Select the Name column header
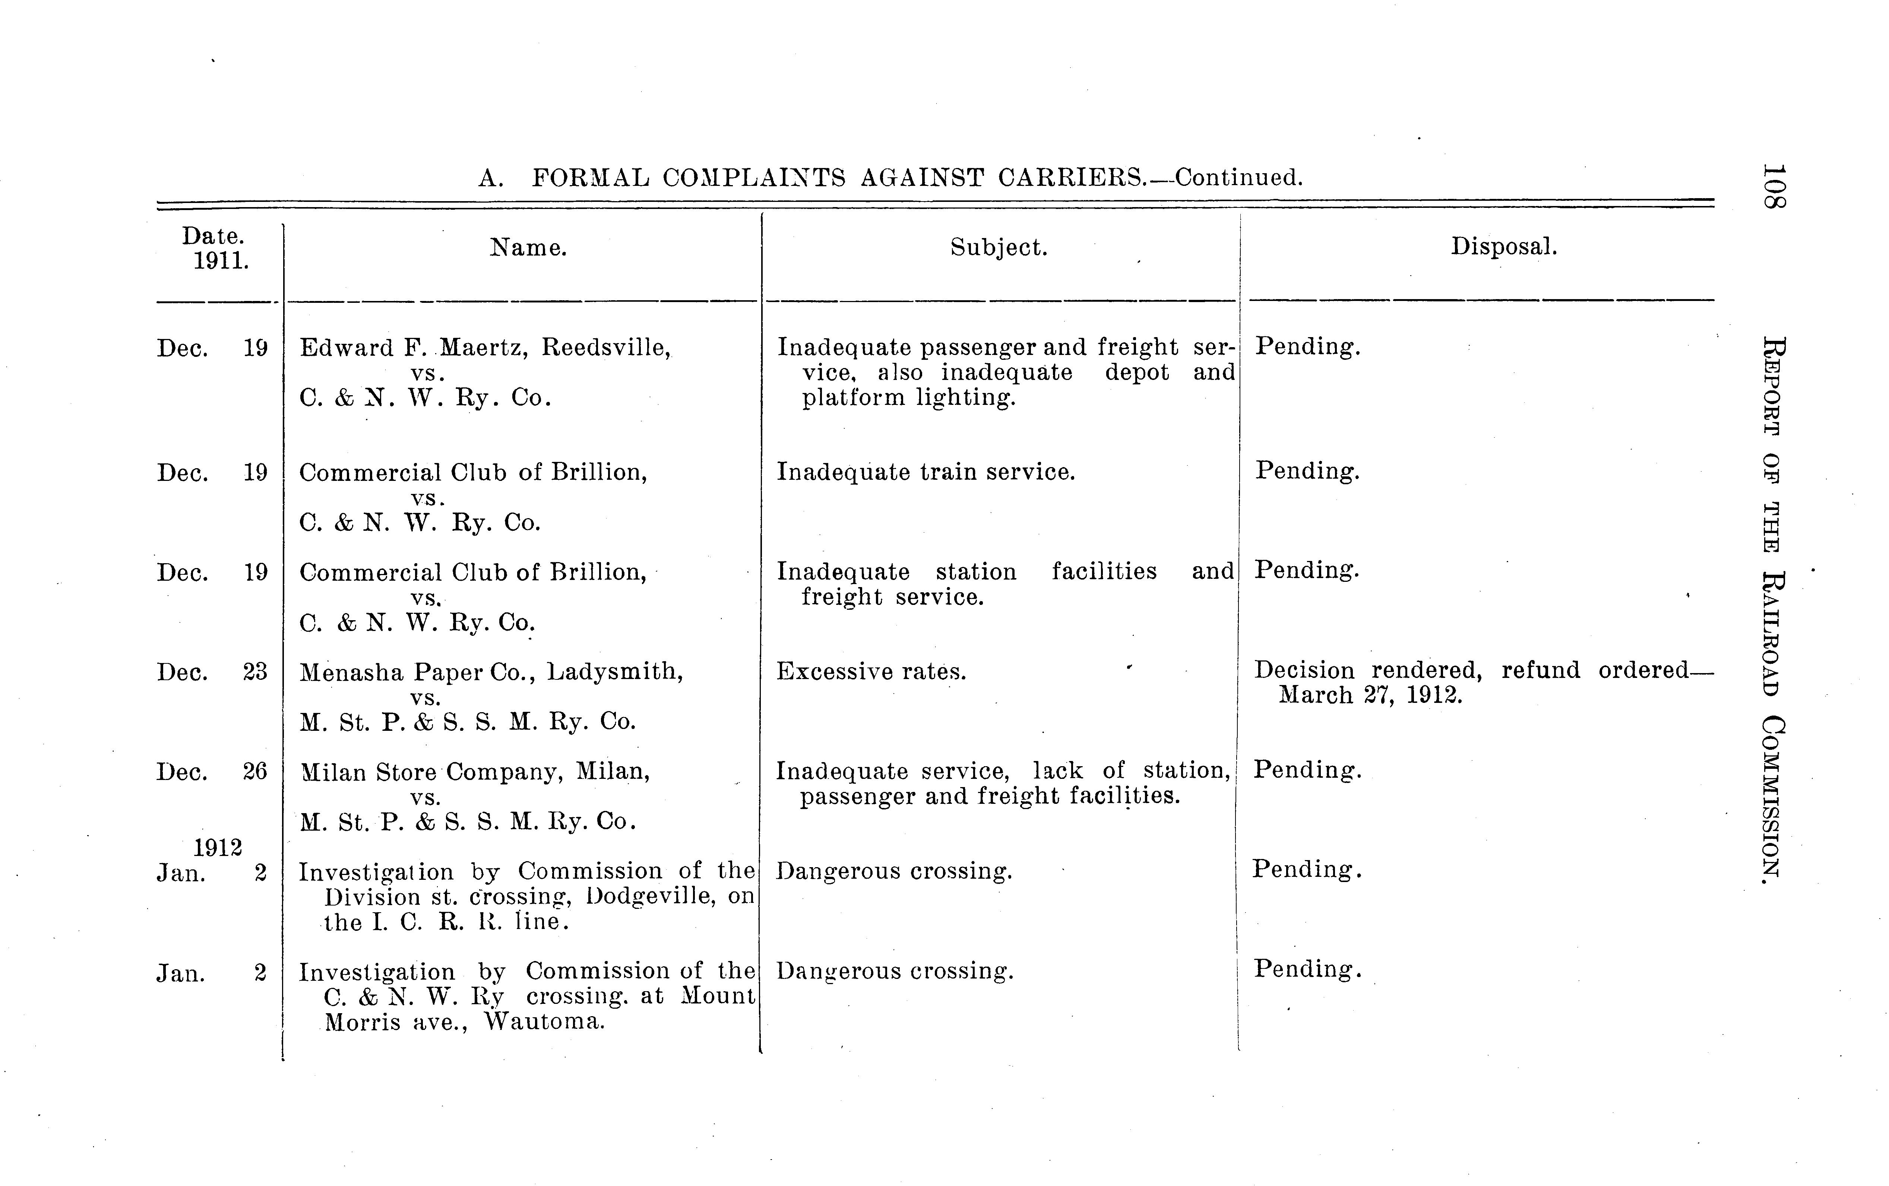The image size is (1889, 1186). (x=528, y=248)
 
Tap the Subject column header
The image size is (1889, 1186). (x=999, y=248)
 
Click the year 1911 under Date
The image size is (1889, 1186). (x=221, y=260)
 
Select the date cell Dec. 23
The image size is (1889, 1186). (x=212, y=672)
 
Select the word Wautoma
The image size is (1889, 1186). (x=544, y=1022)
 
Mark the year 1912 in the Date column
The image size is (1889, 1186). (x=217, y=848)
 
